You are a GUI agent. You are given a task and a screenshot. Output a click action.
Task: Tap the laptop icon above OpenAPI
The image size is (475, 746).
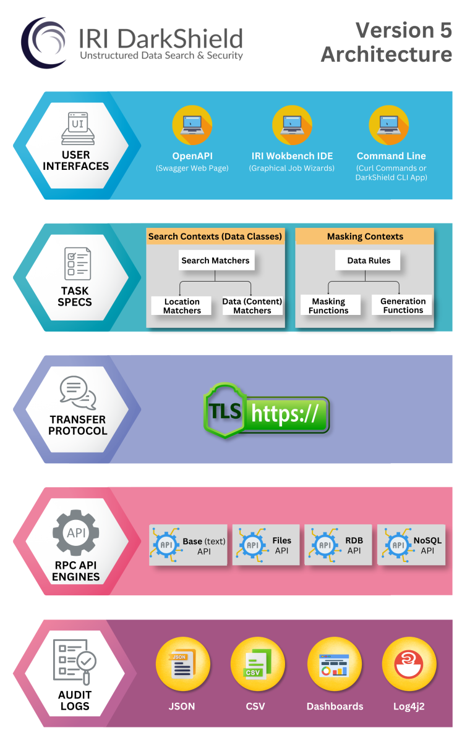[x=192, y=125]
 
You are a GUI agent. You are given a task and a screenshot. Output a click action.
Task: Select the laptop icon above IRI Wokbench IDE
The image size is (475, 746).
[x=292, y=125]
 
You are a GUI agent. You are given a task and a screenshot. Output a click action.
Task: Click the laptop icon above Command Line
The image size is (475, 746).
[x=389, y=125]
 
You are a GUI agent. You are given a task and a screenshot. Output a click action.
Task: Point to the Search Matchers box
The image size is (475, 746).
[x=215, y=261]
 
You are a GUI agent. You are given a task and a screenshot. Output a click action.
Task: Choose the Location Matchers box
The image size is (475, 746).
[x=182, y=306]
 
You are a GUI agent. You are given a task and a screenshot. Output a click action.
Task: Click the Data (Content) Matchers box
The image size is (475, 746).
[x=252, y=306]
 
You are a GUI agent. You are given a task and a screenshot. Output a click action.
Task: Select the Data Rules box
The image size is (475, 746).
[x=369, y=261]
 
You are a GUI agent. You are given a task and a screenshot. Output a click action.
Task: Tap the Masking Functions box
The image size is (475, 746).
[x=328, y=306]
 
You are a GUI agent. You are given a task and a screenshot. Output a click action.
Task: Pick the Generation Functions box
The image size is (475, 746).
[x=403, y=306]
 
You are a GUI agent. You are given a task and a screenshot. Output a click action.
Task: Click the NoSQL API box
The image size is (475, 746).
[x=411, y=545]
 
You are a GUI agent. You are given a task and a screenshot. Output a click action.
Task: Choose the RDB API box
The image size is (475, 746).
[x=338, y=545]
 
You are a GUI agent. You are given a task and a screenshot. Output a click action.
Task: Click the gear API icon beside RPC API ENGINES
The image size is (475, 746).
[x=76, y=533]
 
